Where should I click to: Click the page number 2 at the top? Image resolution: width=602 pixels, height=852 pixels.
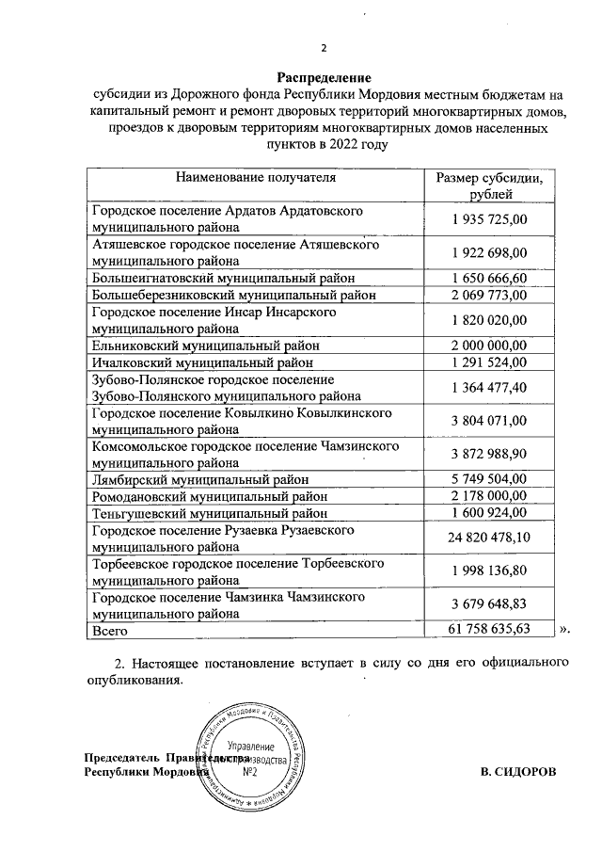coord(324,49)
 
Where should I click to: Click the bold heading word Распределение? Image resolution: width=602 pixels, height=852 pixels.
coord(324,77)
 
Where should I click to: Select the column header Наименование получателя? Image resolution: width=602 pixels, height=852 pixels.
coord(254,176)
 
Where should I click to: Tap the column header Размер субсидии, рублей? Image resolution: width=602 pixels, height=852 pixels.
coord(489,185)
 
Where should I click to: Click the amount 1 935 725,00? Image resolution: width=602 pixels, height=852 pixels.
coord(489,219)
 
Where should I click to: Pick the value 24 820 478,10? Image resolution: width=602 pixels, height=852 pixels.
coord(489,537)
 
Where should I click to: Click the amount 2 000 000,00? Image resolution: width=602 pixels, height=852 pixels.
coord(489,345)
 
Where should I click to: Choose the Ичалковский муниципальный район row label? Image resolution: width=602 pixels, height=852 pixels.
coord(201,362)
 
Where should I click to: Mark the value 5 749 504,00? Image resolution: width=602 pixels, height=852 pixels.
coord(489,478)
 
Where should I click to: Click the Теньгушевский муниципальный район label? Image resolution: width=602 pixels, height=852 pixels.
coord(209,514)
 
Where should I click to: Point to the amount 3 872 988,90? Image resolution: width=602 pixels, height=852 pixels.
coord(489,454)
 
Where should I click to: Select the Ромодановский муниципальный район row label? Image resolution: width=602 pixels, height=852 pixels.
coord(209,496)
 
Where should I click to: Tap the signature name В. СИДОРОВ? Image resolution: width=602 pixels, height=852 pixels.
coord(517,771)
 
